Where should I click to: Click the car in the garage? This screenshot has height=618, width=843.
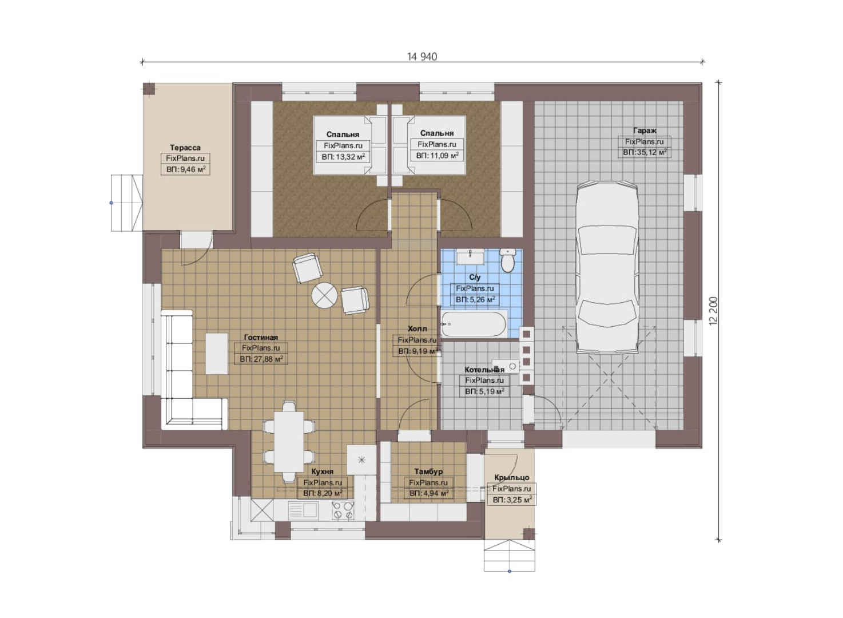607,268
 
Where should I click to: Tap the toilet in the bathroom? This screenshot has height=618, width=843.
508,260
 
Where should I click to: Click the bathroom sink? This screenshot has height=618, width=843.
471,257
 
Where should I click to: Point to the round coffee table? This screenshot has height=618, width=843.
324,296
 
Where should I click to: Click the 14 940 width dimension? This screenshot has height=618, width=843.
422,57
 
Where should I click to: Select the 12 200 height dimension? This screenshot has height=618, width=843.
713,311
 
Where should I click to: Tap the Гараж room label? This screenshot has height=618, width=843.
645,130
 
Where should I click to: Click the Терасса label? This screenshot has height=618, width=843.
185,148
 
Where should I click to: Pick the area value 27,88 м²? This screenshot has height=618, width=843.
261,359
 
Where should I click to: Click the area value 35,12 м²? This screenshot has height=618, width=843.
645,153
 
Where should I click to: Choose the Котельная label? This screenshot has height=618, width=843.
484,370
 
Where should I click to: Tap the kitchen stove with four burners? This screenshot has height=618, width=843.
343,510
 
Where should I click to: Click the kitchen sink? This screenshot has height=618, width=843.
303,510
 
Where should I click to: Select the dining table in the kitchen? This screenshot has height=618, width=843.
289,442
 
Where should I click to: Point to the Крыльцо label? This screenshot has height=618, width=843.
511,478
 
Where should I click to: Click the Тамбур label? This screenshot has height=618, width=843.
428,472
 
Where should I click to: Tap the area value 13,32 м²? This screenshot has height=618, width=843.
343,157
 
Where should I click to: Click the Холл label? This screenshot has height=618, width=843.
417,329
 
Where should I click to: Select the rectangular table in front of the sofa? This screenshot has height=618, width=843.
216,354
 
